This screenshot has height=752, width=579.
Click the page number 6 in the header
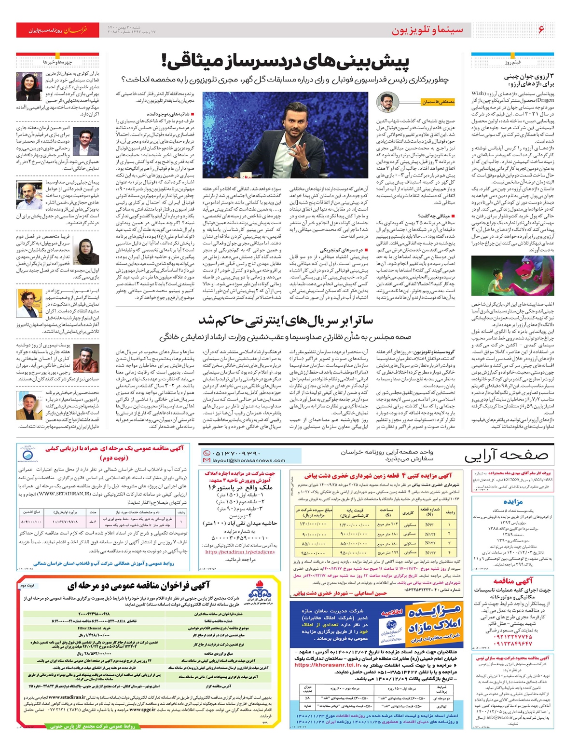pos(541,30)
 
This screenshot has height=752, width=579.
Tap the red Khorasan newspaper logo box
pos(57,30)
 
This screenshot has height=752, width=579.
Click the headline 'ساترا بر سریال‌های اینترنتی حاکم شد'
pos(286,321)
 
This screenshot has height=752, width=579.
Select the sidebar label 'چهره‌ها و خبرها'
pos(57,62)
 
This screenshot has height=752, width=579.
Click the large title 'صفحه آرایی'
pos(506,456)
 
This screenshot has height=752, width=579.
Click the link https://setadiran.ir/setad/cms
pos(240,552)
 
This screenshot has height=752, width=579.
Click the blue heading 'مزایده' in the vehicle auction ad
pos(512,502)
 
